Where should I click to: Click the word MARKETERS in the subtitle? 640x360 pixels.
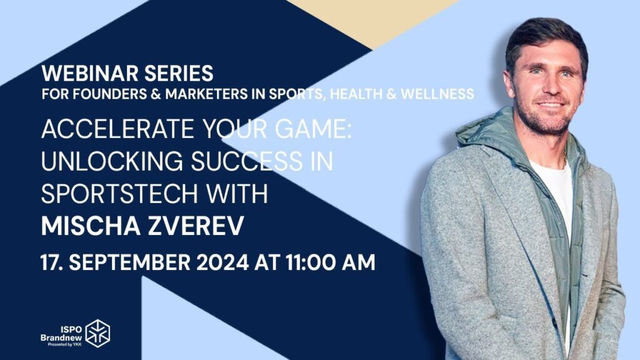point(206,94)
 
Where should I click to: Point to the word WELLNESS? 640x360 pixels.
point(437,94)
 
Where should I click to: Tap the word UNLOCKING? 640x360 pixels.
point(112,161)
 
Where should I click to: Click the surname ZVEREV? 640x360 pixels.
point(196,226)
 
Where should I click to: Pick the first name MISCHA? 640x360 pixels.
point(91,226)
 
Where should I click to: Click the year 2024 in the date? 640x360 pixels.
point(222,262)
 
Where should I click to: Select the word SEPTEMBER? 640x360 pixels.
point(129,262)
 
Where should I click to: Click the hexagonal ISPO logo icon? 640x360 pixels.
point(97,334)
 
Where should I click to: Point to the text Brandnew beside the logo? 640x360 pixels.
point(61,337)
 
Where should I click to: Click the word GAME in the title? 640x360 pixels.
point(313,129)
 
